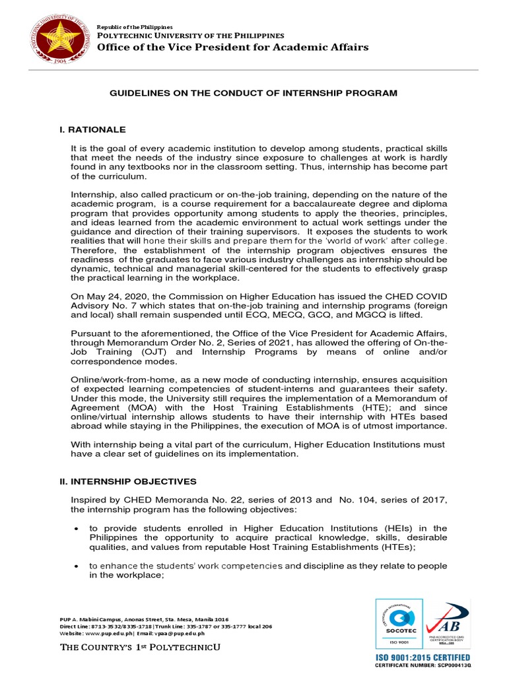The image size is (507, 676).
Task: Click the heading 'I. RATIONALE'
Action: (92, 129)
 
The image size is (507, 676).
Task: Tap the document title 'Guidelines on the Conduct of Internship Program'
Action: (253, 93)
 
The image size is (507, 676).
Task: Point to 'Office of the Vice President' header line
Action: (233, 47)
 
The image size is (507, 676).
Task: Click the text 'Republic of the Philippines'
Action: (129, 25)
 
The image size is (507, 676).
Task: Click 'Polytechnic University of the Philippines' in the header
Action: (191, 34)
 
